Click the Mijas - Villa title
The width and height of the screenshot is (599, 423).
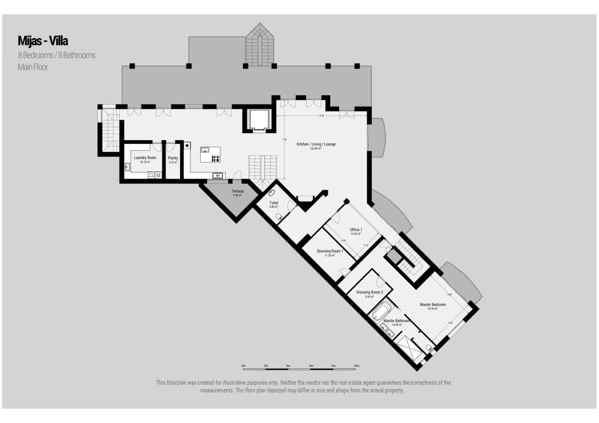43,40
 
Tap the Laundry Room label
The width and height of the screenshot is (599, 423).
145,158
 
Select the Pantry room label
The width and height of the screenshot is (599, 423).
173,158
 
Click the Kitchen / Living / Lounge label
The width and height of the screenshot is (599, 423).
316,144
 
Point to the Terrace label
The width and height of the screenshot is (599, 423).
237,191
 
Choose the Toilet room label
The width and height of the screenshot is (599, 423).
274,203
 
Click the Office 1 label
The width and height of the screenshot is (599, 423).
356,230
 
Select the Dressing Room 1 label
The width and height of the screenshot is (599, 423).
329,251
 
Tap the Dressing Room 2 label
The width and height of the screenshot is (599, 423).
370,292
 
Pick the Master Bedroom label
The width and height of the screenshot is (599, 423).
432,305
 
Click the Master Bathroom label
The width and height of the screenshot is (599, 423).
396,321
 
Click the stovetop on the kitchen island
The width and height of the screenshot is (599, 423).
216,159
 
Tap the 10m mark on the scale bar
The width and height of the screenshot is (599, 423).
356,366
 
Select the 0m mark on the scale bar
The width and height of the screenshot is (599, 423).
243,366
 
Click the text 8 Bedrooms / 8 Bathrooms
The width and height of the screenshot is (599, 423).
57,55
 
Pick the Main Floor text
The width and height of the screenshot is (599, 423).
33,67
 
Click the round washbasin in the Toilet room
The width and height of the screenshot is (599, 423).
272,193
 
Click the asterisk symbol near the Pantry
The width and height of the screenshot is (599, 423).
187,145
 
